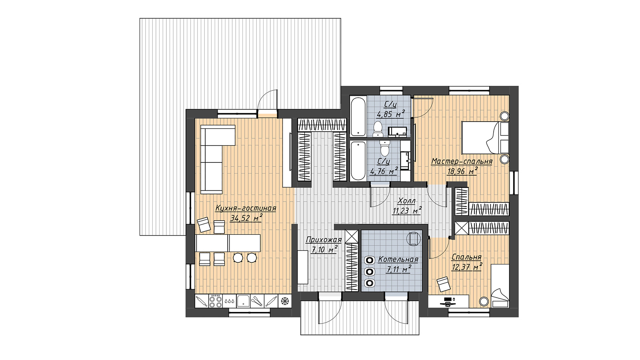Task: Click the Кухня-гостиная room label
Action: pyautogui.click(x=246, y=208)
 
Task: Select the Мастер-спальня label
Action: pyautogui.click(x=462, y=162)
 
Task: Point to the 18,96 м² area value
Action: pyautogui.click(x=462, y=171)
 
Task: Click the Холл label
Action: pyautogui.click(x=406, y=201)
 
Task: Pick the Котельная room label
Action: pyautogui.click(x=398, y=260)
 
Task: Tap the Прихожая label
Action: pyautogui.click(x=324, y=240)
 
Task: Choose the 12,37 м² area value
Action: pyautogui.click(x=467, y=267)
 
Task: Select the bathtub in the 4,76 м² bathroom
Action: pyautogui.click(x=358, y=161)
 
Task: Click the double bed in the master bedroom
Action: pyautogui.click(x=485, y=138)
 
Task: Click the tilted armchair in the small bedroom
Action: pyautogui.click(x=444, y=284)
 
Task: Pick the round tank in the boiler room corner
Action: pyautogui.click(x=414, y=238)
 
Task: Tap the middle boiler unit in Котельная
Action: pyautogui.click(x=370, y=272)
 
